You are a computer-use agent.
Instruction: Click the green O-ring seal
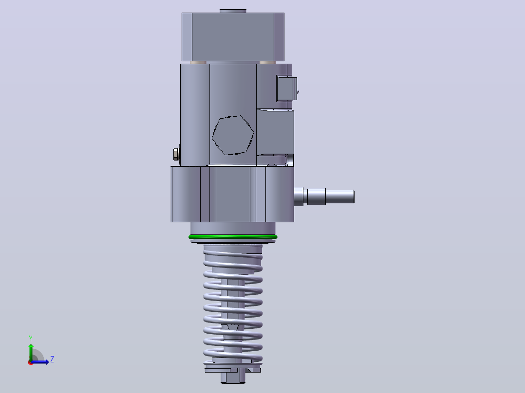tap(233, 237)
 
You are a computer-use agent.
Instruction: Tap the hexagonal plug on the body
tap(233, 135)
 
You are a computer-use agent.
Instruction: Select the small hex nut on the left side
tap(176, 154)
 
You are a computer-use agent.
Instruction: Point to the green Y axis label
tap(31, 339)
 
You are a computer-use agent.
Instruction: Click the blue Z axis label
tap(52, 359)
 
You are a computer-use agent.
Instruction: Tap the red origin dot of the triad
tap(31, 362)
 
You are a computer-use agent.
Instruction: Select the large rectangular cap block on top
tap(233, 37)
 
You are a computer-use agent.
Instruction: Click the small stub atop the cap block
tap(233, 11)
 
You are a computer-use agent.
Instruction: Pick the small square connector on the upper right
tap(286, 89)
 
